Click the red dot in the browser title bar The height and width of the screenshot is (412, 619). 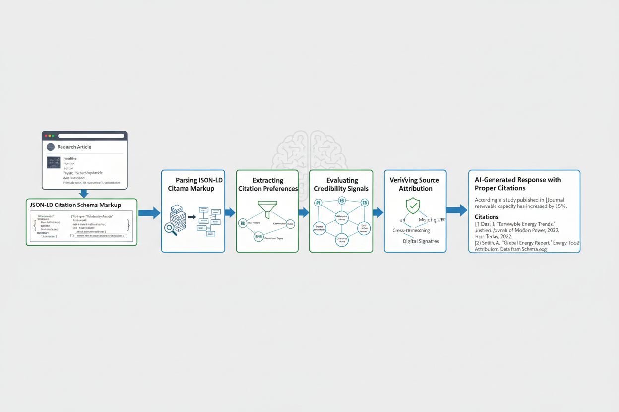pyautogui.click(x=46, y=136)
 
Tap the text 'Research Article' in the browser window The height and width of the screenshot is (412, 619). pyautogui.click(x=74, y=147)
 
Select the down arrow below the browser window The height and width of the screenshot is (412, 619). pyautogui.click(x=84, y=193)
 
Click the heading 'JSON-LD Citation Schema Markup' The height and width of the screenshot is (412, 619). pyautogui.click(x=75, y=205)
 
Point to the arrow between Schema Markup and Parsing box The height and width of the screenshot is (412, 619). pyautogui.click(x=149, y=213)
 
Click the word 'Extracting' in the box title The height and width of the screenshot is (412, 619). pyautogui.click(x=268, y=180)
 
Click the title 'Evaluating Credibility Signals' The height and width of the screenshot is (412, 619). pyautogui.click(x=341, y=184)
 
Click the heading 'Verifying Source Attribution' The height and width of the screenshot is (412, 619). pyautogui.click(x=415, y=184)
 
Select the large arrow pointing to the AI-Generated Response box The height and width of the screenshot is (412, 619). pyautogui.click(x=456, y=210)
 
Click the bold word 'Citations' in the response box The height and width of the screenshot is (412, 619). pyautogui.click(x=487, y=217)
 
